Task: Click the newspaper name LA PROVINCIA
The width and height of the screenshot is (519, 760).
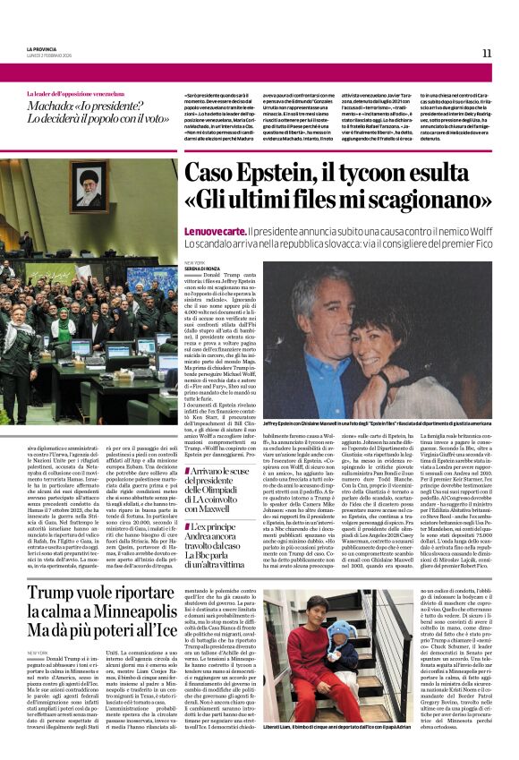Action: click(x=44, y=49)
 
